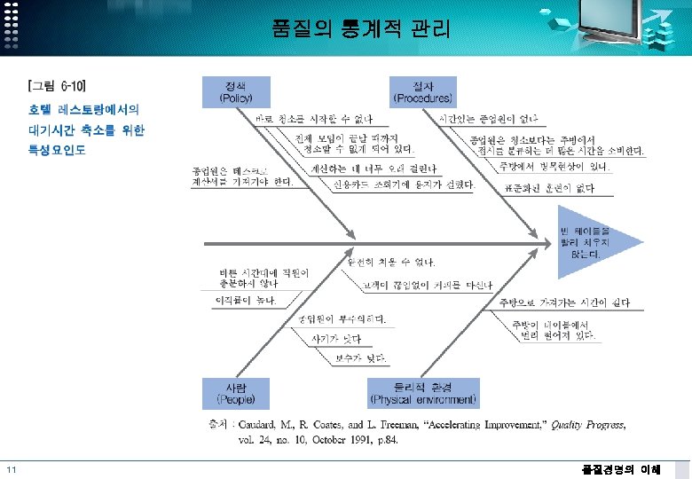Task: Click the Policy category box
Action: (236, 91)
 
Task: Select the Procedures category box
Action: (422, 91)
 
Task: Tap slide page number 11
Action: (11, 470)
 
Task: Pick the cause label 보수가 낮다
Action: (358, 358)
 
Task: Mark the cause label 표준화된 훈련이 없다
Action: (547, 187)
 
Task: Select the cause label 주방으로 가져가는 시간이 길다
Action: (564, 302)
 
